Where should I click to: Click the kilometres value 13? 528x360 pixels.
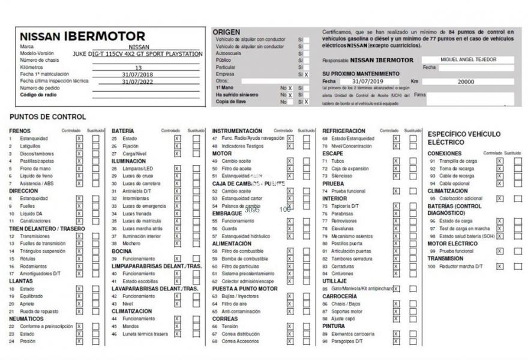pos(139,68)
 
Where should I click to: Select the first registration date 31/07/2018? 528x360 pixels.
pos(139,74)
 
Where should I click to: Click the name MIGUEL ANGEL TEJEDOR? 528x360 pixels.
pos(468,59)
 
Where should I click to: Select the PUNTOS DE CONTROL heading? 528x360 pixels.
pos(48,117)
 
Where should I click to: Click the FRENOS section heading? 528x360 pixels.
pos(20,131)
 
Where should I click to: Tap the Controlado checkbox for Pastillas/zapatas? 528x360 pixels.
pos(79,161)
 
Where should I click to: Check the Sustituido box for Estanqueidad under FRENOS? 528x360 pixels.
pos(96,139)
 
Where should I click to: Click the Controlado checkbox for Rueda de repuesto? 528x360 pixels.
pos(79,311)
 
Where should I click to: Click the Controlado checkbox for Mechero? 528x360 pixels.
pos(177,244)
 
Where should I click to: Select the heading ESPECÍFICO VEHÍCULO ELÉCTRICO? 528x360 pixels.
pos(464,138)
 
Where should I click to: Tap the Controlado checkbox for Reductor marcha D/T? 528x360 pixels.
pos(499,266)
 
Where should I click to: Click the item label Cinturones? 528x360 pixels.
pos(342,274)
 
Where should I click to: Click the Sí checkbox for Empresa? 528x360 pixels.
pos(306,74)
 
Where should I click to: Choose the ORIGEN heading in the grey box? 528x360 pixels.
pos(226,32)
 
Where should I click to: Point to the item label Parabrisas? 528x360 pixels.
pos(343,214)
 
